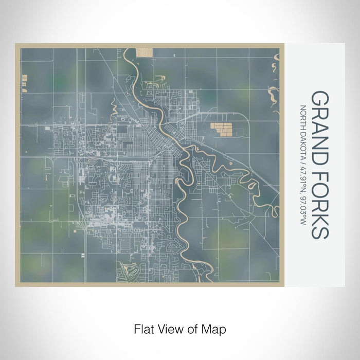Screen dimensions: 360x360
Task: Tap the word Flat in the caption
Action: pos(142,328)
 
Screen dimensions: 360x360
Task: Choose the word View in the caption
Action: pos(167,328)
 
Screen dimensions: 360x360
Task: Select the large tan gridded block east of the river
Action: pos(223,129)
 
